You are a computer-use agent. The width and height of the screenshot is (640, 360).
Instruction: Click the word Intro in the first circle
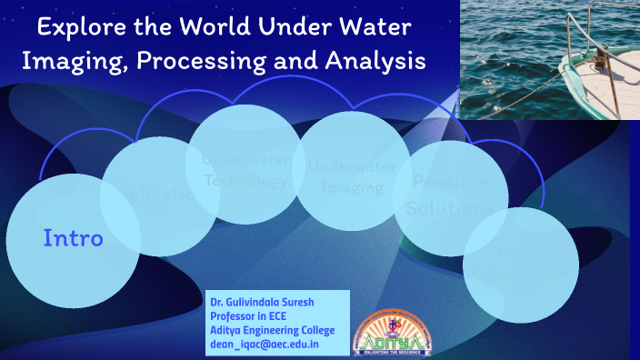coord(73,239)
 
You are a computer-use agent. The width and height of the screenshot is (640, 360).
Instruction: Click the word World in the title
coord(213,27)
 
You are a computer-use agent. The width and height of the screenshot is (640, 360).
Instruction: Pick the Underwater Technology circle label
coord(245,169)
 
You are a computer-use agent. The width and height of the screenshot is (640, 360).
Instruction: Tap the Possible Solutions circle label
coord(449,195)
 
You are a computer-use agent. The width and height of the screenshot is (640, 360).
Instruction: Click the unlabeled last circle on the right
coord(521,265)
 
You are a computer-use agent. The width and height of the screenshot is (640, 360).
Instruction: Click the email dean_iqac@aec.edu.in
coord(264,345)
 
